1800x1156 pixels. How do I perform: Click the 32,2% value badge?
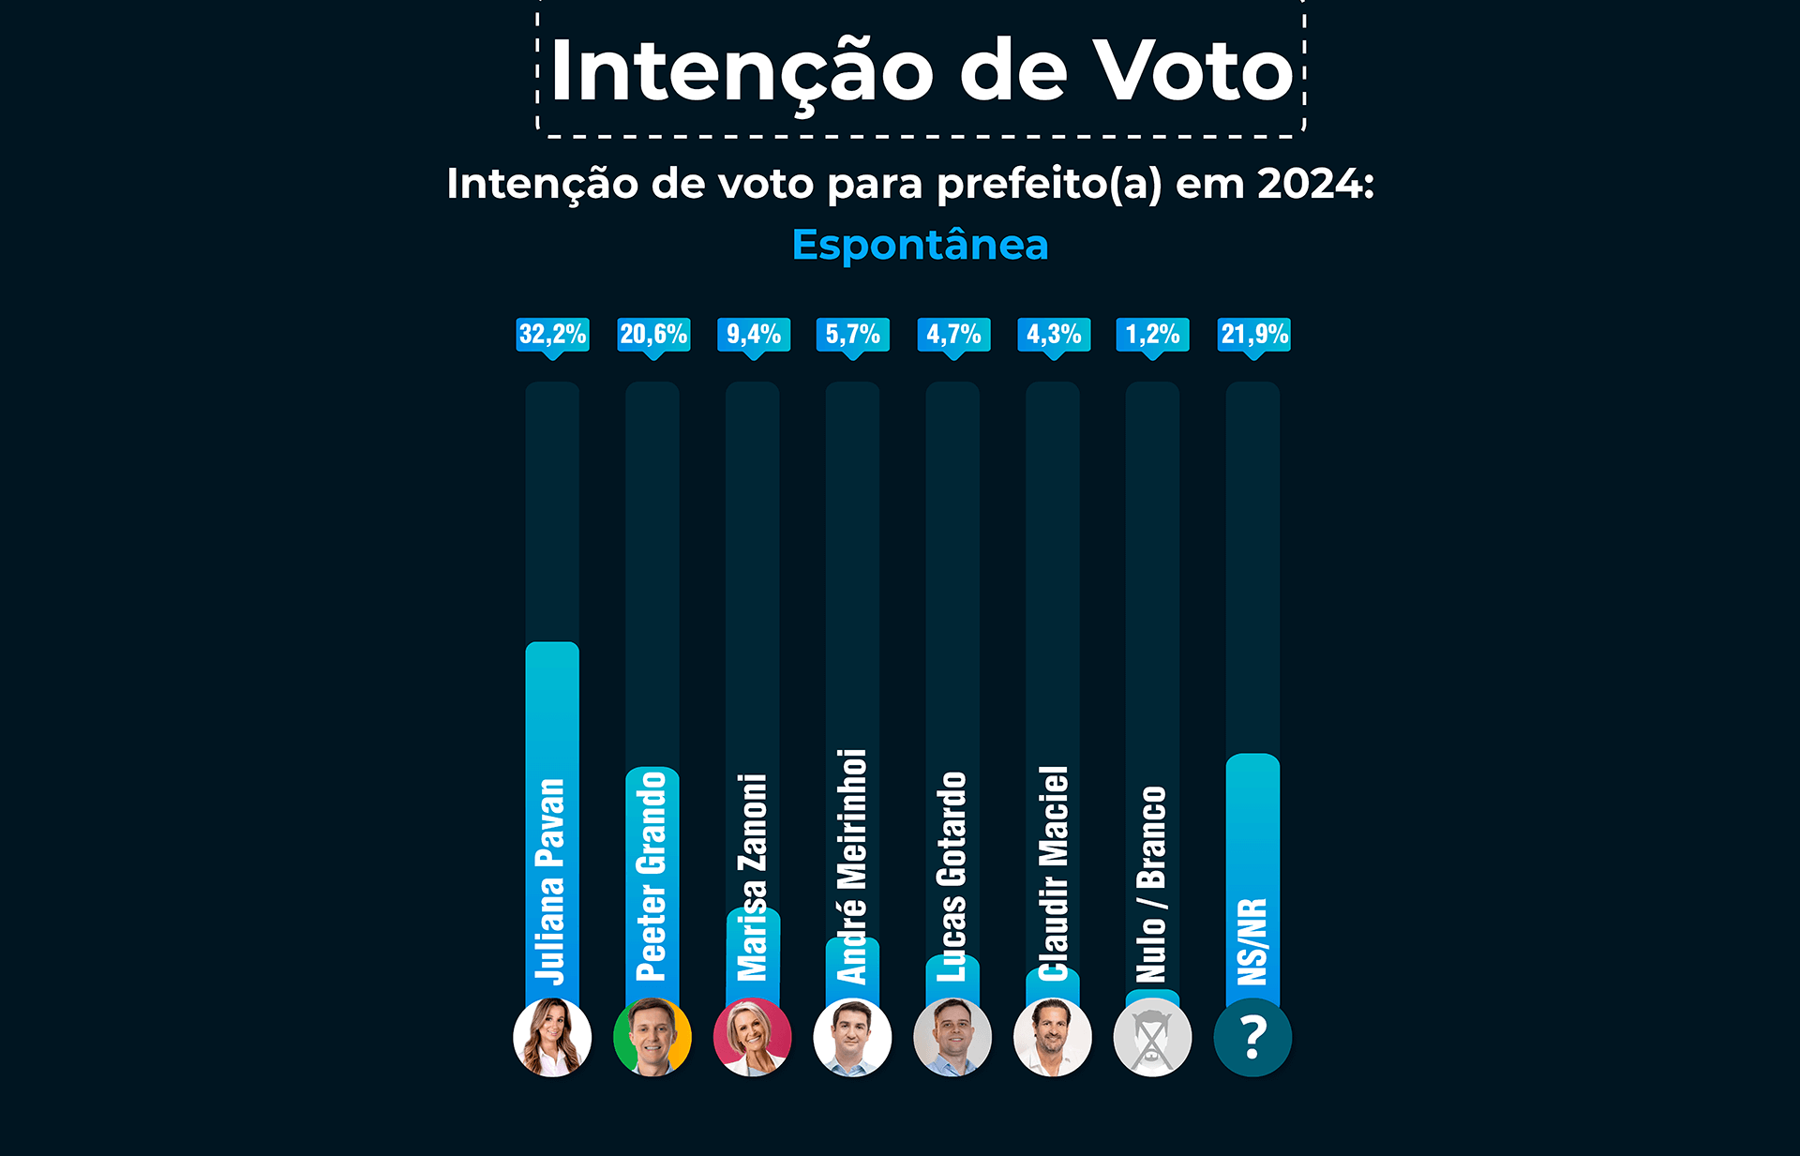point(552,335)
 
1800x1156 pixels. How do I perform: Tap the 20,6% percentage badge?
point(653,335)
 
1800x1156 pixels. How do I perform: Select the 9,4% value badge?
point(753,335)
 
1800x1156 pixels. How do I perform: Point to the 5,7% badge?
point(853,335)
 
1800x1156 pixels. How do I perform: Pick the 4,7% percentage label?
point(953,335)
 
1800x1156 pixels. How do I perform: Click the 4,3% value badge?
point(1054,335)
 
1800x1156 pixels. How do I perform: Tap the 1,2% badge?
point(1152,335)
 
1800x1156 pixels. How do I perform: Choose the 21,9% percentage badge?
point(1254,335)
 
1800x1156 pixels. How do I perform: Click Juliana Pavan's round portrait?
point(552,1037)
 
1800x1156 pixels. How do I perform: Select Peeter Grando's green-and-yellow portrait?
point(652,1037)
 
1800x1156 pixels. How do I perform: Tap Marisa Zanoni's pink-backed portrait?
point(752,1037)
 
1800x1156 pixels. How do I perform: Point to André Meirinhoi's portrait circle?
point(852,1037)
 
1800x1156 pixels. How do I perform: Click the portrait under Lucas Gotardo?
point(952,1037)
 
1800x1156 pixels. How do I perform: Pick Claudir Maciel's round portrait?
point(1053,1037)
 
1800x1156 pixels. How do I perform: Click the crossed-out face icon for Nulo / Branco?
point(1152,1037)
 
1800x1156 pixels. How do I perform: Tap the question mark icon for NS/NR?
point(1252,1037)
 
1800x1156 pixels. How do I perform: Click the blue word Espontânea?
point(920,246)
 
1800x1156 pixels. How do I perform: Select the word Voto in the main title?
point(1193,71)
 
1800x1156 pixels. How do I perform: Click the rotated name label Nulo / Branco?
point(1151,883)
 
